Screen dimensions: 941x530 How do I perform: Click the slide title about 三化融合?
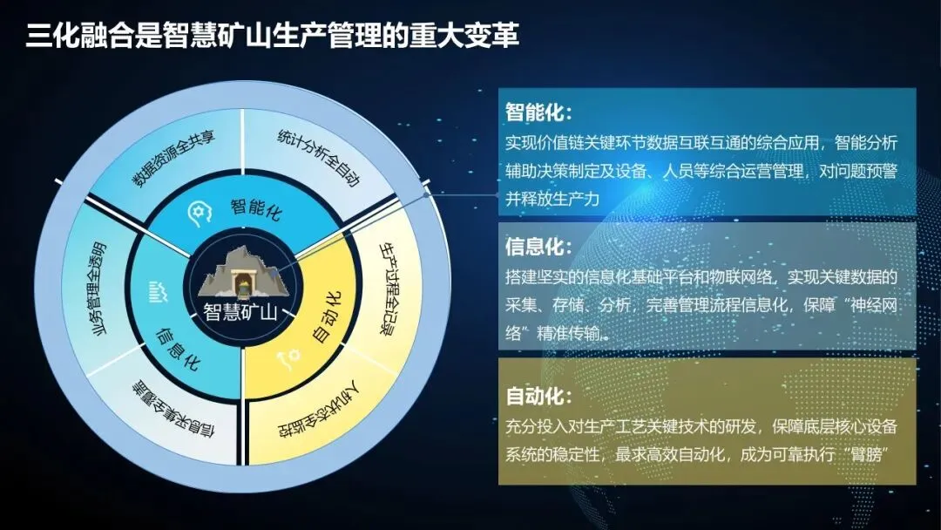click(273, 34)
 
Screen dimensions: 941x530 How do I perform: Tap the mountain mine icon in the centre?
click(244, 274)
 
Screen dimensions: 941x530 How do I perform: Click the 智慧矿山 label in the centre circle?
click(240, 312)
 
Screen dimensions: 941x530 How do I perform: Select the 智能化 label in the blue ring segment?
click(256, 209)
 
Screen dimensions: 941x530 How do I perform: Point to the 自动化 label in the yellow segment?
click(328, 317)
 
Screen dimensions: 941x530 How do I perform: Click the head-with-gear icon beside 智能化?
click(200, 214)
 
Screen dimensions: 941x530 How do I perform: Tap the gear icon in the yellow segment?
click(288, 359)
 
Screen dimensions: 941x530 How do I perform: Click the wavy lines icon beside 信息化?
click(158, 292)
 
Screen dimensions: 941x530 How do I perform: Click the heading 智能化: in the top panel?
click(539, 112)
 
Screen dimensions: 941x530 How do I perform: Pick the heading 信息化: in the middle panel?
click(539, 247)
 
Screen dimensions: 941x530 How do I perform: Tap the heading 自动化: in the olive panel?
click(539, 396)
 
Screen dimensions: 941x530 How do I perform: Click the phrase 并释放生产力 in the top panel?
click(552, 199)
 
